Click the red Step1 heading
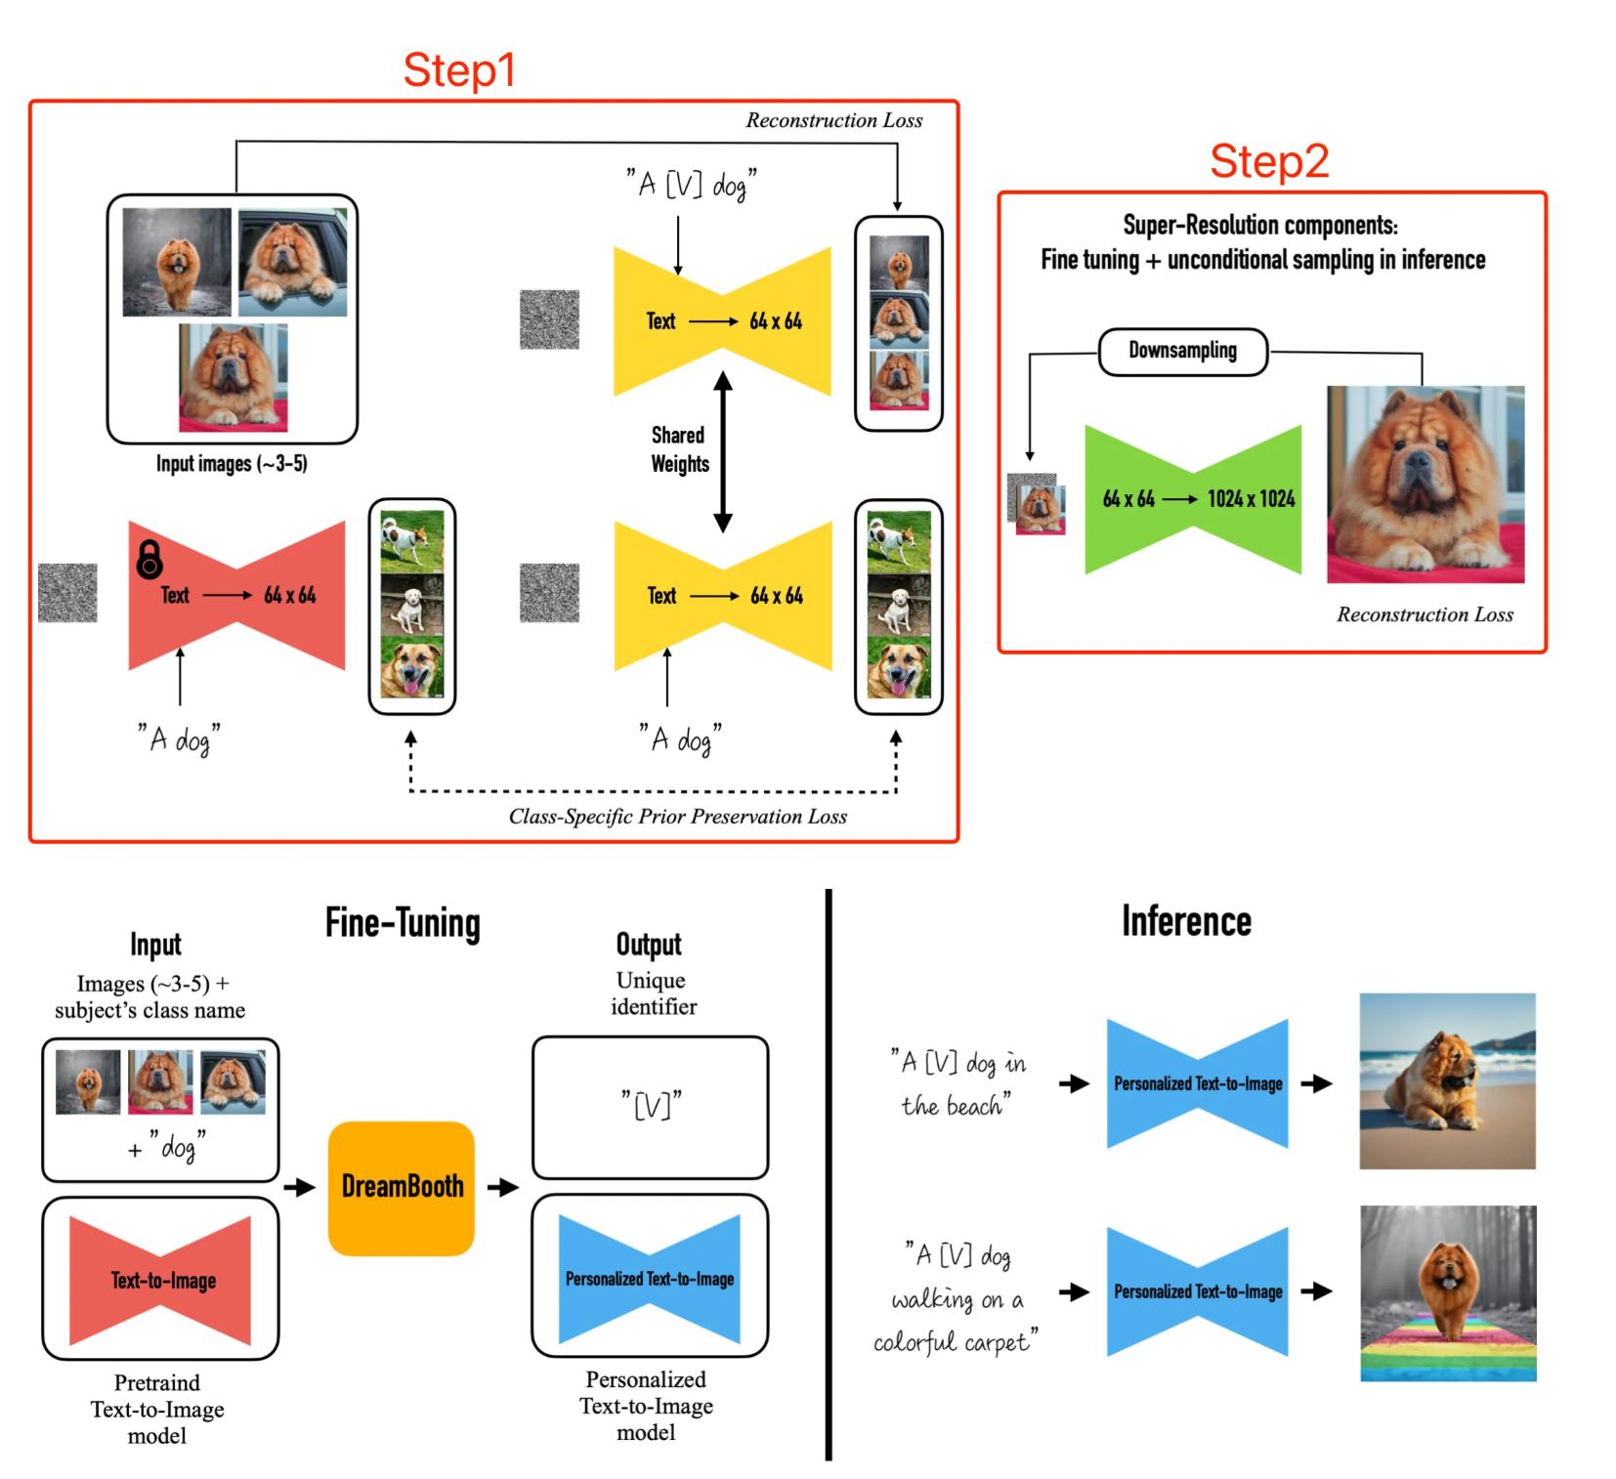click(x=458, y=70)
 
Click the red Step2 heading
click(x=1269, y=161)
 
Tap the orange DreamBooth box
click(x=402, y=1187)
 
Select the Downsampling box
click(x=1182, y=351)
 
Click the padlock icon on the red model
click(x=149, y=559)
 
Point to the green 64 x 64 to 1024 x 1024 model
click(x=1193, y=499)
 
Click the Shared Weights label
click(x=679, y=449)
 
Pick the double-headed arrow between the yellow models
click(x=723, y=451)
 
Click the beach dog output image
click(x=1447, y=1080)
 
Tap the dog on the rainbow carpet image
click(x=1447, y=1292)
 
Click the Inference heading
click(x=1185, y=921)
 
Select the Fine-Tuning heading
click(x=403, y=923)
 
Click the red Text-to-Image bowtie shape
click(x=161, y=1280)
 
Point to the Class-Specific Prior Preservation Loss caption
click(x=677, y=817)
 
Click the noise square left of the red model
click(x=67, y=593)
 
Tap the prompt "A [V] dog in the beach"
click(x=957, y=1083)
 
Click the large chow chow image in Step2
click(x=1425, y=485)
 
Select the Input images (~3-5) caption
click(x=232, y=464)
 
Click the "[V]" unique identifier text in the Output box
click(x=651, y=1106)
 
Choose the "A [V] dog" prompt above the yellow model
click(x=691, y=184)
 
